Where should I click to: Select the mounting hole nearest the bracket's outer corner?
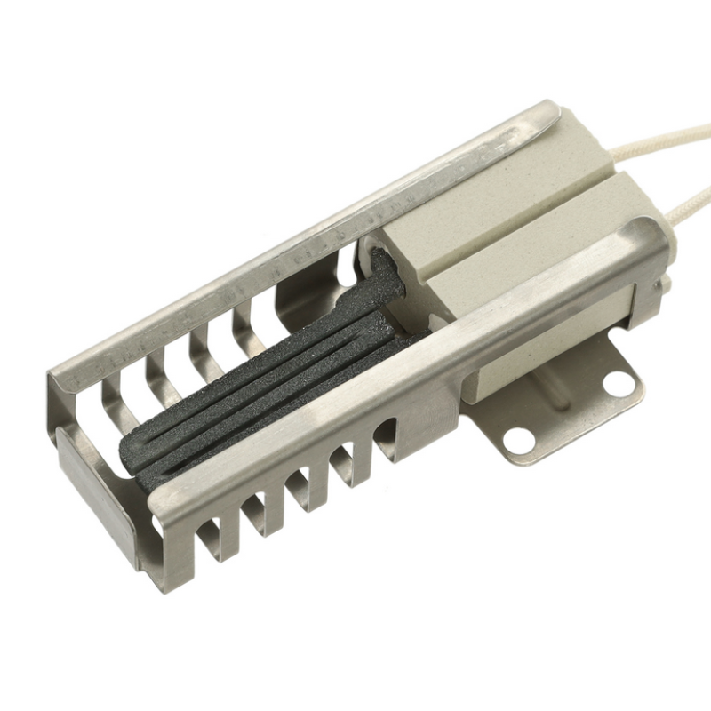click(515, 437)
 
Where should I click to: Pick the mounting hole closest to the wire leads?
click(619, 383)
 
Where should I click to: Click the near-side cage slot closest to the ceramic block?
click(387, 435)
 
